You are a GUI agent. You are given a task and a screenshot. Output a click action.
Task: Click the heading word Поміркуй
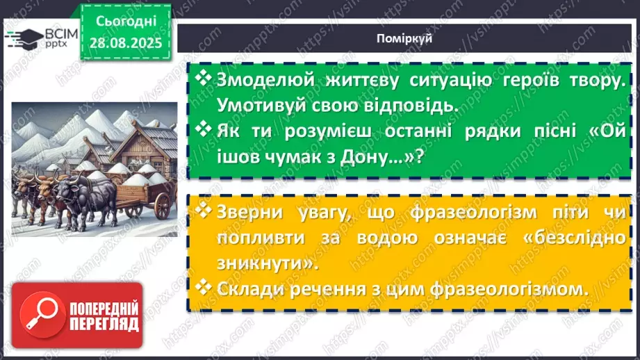point(408,38)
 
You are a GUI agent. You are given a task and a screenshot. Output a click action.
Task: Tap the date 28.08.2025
point(125,42)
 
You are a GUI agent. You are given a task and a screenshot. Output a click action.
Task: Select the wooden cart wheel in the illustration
point(161,205)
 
